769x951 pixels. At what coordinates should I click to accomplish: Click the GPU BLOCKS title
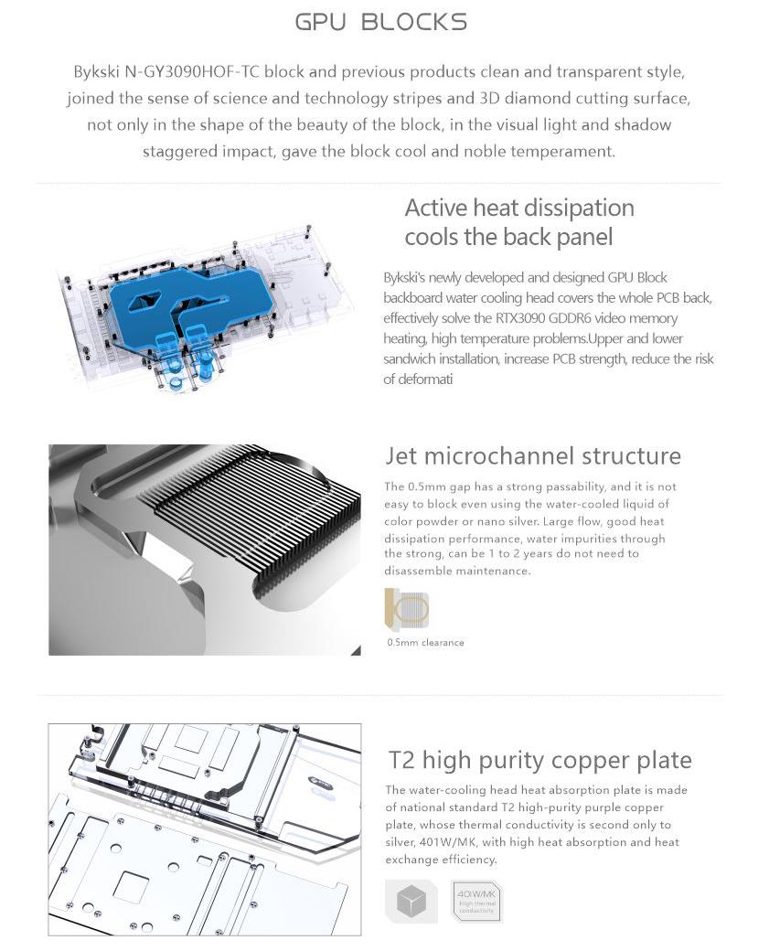click(381, 22)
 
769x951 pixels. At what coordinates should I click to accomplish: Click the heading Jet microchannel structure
click(533, 455)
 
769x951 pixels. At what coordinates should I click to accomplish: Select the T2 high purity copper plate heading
click(539, 760)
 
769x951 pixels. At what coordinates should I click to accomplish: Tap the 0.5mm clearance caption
click(425, 643)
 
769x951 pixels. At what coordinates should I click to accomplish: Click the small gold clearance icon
click(407, 608)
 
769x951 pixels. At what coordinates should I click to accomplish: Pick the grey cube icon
click(411, 902)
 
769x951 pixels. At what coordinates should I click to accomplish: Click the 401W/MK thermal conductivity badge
click(475, 902)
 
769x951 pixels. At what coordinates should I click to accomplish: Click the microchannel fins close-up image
click(205, 550)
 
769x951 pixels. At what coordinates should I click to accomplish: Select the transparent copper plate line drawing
click(205, 829)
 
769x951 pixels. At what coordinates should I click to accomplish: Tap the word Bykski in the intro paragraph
click(98, 71)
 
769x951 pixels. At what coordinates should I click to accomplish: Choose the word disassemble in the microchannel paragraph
click(424, 572)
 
